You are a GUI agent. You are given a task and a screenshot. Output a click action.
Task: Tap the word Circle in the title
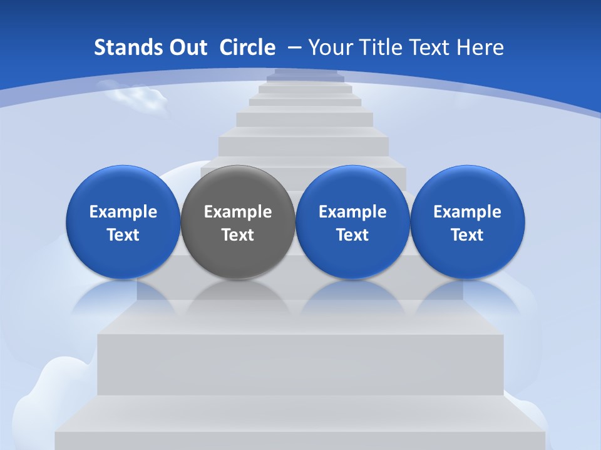(247, 47)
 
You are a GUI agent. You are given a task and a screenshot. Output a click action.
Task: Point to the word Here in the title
(480, 47)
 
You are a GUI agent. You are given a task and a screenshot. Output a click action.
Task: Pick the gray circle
(238, 222)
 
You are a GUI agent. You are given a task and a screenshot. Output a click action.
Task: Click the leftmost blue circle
(123, 222)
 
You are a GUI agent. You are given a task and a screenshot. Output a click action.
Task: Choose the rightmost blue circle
(467, 222)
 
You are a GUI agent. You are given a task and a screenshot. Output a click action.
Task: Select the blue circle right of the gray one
(352, 222)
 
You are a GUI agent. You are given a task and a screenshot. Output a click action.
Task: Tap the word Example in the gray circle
(238, 212)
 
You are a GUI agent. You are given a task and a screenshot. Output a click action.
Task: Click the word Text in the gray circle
(238, 235)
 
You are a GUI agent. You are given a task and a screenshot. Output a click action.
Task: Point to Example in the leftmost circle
(123, 212)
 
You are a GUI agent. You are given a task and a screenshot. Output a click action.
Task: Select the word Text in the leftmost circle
(123, 235)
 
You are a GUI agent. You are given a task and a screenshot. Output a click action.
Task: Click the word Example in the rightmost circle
(467, 212)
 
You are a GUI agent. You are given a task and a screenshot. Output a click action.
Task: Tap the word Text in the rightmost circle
(467, 235)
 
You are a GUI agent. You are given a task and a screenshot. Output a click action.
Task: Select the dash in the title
(294, 47)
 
